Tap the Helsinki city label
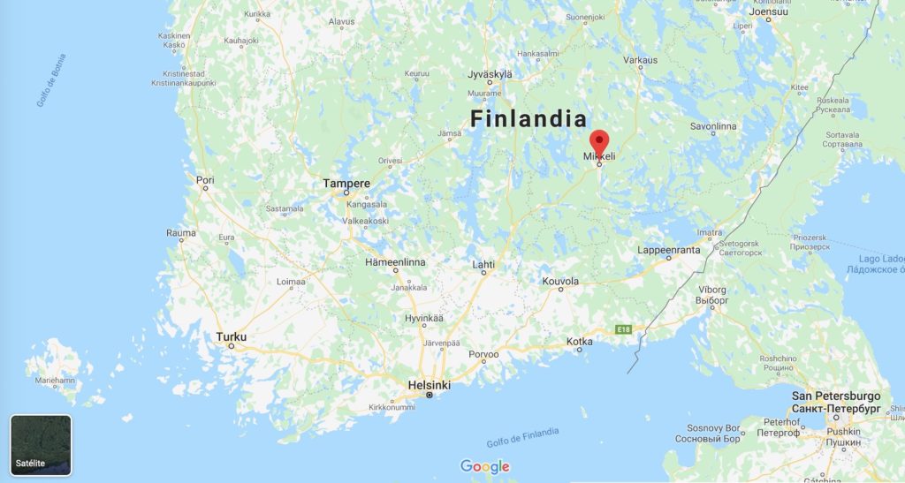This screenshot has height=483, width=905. [x=430, y=385]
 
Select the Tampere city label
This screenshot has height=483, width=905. [x=346, y=184]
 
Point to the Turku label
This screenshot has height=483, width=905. [x=232, y=336]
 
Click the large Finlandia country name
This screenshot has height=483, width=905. [x=529, y=119]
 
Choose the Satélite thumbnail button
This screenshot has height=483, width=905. [x=41, y=445]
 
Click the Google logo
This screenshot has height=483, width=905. [x=485, y=466]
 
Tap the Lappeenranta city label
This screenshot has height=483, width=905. [x=669, y=250]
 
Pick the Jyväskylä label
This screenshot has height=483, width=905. [x=490, y=74]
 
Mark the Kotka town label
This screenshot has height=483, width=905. [x=579, y=340]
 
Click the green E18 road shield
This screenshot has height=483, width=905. [x=625, y=328]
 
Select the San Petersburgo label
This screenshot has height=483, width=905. [x=835, y=396]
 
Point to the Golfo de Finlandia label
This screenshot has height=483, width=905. [x=522, y=437]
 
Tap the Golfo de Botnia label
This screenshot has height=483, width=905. [x=51, y=80]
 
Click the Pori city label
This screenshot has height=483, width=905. [x=205, y=180]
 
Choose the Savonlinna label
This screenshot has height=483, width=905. [x=713, y=126]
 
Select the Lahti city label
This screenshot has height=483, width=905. [x=483, y=264]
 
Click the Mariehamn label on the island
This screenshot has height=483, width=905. [x=55, y=380]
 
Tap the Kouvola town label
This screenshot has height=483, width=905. [x=560, y=281]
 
